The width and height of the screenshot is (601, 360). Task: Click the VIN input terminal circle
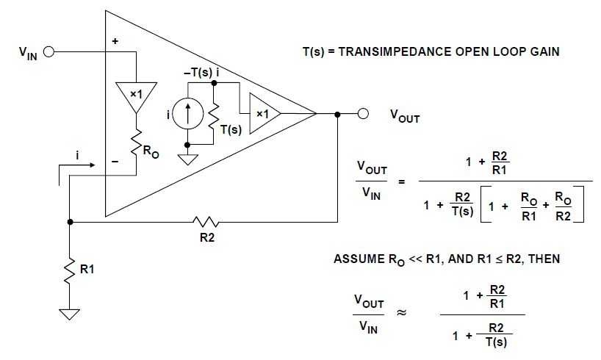point(49,52)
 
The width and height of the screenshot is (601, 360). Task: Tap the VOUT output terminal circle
point(363,114)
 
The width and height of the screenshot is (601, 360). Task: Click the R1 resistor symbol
point(70,270)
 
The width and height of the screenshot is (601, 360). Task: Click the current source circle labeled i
point(187,114)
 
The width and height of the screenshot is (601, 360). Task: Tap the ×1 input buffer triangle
point(136,96)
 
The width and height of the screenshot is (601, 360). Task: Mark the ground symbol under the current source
point(187,158)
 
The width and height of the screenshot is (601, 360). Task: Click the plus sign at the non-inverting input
point(115,43)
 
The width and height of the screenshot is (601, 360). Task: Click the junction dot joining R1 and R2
point(70,221)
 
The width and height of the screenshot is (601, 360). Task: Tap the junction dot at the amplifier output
point(337,114)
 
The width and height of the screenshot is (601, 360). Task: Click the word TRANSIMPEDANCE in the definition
point(389,53)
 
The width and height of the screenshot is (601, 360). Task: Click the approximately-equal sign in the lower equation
point(402,311)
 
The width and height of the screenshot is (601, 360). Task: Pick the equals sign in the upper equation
point(401,182)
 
